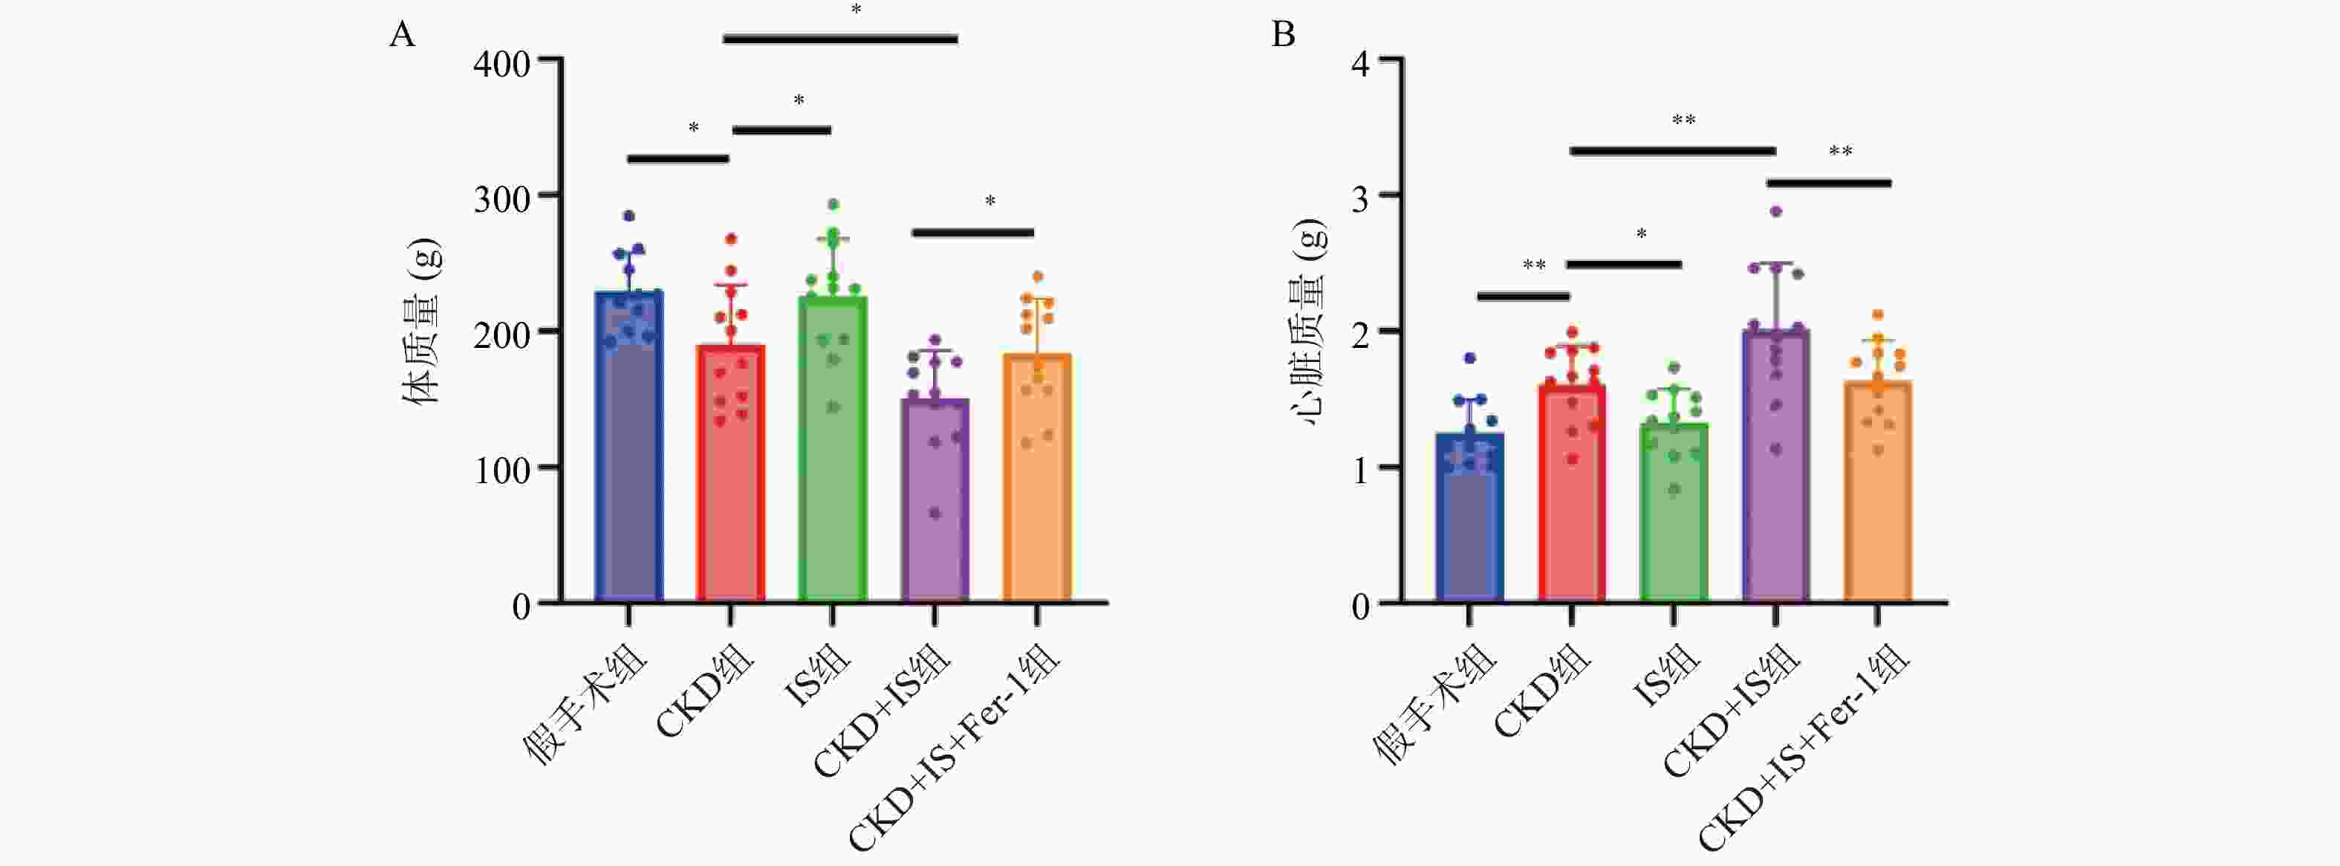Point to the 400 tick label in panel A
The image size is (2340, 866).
(x=501, y=65)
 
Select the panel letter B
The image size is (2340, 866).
(x=1283, y=34)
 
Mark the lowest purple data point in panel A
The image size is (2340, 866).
(x=935, y=514)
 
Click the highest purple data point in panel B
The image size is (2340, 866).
(x=1776, y=211)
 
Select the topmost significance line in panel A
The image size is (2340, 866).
(x=840, y=39)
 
